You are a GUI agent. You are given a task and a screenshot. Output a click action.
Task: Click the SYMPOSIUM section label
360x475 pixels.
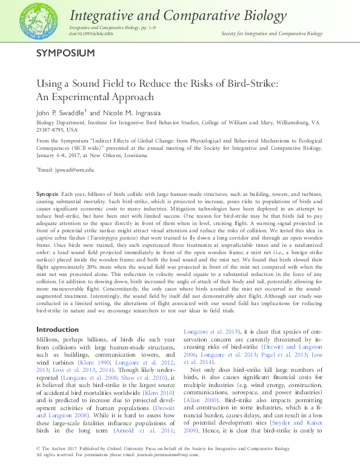[65, 53]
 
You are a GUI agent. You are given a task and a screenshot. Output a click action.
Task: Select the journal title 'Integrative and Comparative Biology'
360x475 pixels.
[179, 15]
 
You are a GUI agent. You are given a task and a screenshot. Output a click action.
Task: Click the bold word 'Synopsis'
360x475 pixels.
[47, 192]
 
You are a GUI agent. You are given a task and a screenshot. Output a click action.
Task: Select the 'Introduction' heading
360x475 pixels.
[58, 329]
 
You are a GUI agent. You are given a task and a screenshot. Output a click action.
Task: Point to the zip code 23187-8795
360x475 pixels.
[50, 130]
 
